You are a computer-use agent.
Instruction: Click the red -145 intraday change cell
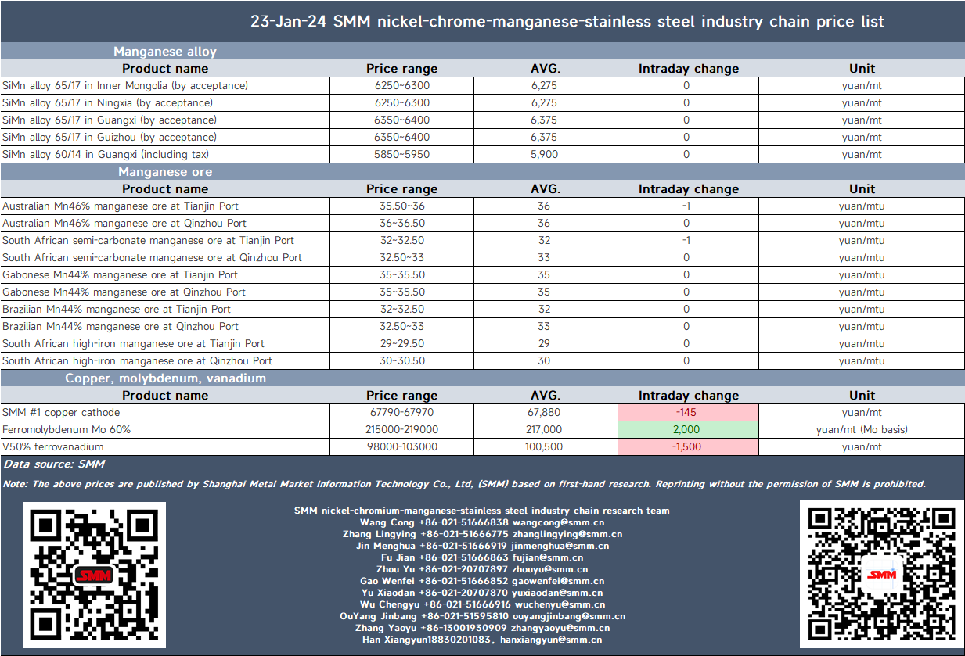point(688,412)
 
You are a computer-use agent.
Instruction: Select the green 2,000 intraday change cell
point(688,429)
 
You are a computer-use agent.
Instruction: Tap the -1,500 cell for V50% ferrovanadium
point(688,446)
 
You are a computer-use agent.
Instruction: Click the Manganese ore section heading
point(165,172)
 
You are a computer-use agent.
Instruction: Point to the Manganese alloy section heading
point(165,52)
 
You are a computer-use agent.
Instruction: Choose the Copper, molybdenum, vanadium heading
point(165,378)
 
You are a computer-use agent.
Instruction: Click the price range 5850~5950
point(401,154)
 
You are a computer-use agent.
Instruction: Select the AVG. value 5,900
point(544,154)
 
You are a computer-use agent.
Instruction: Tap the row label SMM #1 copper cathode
point(61,412)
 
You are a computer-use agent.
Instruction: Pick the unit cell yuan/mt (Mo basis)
point(862,429)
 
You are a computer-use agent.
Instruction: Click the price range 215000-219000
point(401,429)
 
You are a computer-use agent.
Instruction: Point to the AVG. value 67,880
point(544,412)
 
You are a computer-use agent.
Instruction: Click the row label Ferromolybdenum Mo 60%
point(67,429)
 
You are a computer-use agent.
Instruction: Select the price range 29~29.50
point(401,343)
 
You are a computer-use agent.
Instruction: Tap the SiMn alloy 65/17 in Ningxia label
point(108,103)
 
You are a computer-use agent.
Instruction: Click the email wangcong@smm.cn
point(558,522)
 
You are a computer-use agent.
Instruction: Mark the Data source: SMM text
point(54,464)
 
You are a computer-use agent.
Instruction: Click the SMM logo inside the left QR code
point(94,575)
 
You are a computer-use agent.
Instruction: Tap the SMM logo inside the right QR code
point(881,575)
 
